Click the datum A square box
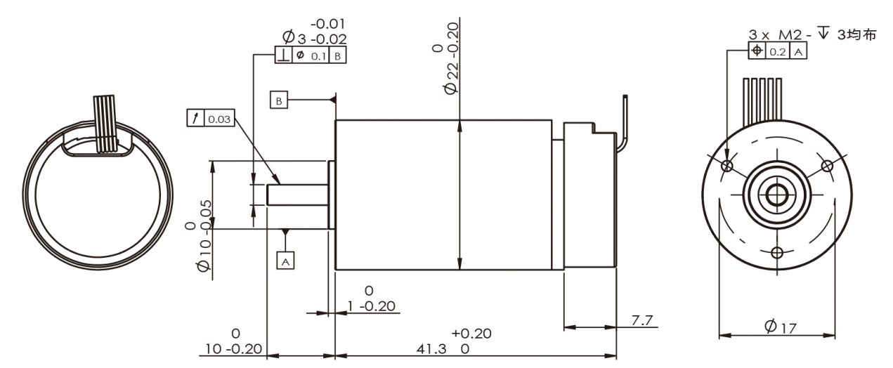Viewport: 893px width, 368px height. coord(285,260)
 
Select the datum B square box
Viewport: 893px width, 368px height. coord(279,101)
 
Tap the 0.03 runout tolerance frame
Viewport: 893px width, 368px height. coord(210,119)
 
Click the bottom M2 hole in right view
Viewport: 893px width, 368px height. coord(776,252)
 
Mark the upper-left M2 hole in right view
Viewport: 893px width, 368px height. coord(727,166)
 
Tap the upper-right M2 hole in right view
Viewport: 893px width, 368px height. coord(827,166)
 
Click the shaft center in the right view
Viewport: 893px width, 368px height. coord(776,195)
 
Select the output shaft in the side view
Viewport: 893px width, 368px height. coord(297,195)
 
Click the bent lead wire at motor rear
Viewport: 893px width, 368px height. coord(622,126)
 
